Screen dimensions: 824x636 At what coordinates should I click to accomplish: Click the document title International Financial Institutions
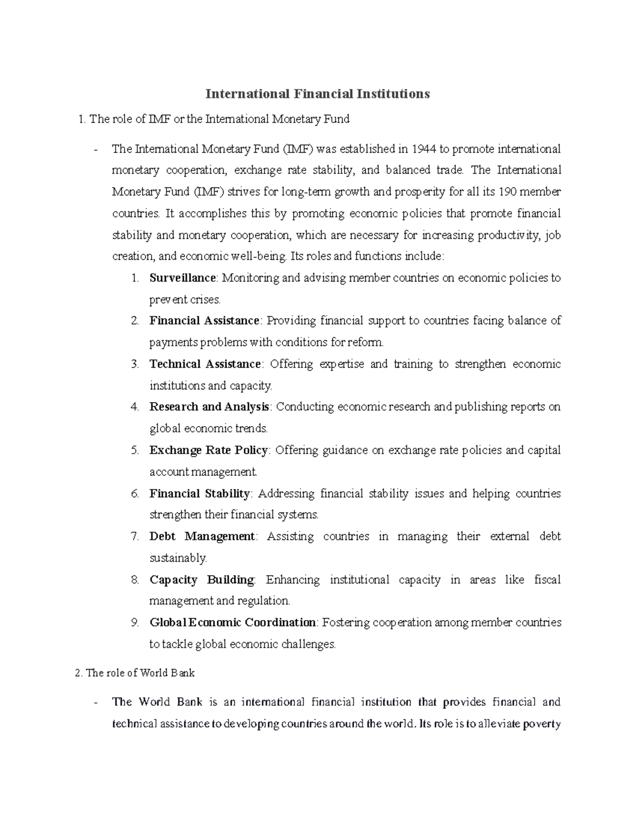(x=317, y=94)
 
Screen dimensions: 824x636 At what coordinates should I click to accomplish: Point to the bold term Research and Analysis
(x=210, y=407)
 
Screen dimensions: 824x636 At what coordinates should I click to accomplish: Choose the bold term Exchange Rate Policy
(x=209, y=450)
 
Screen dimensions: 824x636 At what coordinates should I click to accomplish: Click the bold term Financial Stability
(x=200, y=493)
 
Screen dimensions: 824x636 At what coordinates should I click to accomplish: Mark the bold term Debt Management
(x=202, y=536)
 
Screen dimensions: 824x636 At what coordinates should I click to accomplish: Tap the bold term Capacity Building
(x=202, y=579)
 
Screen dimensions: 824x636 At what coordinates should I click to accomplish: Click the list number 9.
(x=135, y=622)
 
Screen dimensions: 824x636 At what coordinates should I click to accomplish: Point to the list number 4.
(x=135, y=407)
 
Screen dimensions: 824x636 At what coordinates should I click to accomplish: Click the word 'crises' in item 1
(x=205, y=300)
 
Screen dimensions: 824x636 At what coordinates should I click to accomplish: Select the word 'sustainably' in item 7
(x=178, y=558)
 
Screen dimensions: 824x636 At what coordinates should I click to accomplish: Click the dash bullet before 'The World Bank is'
(x=95, y=702)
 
